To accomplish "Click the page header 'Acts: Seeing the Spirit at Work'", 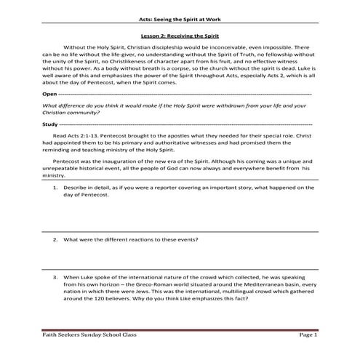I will (x=180, y=21).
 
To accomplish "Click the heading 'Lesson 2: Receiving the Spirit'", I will (x=180, y=35).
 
